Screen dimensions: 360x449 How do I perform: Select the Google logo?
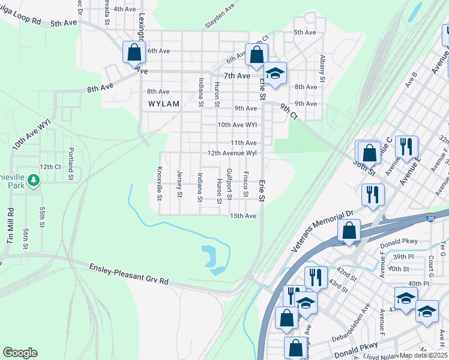pos(20,353)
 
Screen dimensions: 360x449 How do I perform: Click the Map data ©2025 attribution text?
pos(424,355)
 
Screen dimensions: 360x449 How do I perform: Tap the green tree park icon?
pos(34,180)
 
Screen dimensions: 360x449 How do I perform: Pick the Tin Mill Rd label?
pos(10,226)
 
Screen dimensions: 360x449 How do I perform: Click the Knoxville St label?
pos(159,183)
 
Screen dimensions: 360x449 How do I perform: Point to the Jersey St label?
pos(179,183)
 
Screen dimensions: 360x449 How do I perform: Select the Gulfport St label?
pos(229,183)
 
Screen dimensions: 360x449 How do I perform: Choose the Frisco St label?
pos(246,184)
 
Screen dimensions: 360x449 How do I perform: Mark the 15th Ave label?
pos(243,216)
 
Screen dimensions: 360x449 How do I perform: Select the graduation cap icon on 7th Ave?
pos(275,74)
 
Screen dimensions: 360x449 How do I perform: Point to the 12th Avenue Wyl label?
pos(232,153)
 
